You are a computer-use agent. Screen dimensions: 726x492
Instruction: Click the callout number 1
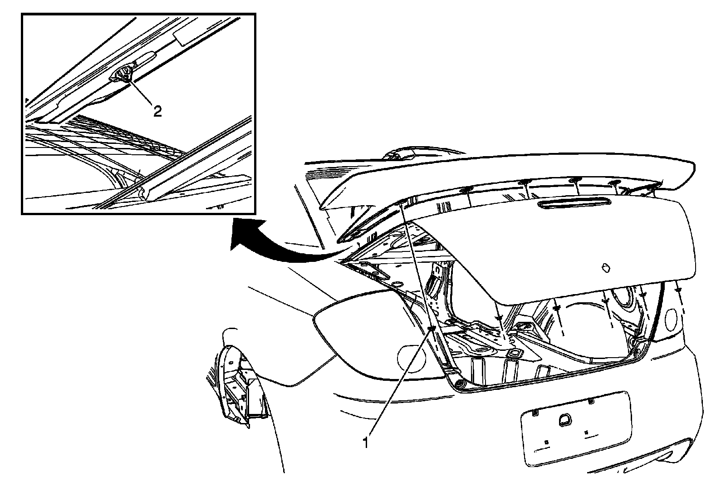(x=366, y=443)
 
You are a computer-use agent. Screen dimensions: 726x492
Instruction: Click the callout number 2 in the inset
(x=157, y=112)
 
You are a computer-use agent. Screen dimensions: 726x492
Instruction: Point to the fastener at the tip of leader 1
(x=432, y=329)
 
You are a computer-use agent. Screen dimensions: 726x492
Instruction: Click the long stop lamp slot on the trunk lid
(x=574, y=203)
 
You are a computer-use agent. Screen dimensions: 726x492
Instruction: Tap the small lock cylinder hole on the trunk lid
(x=606, y=268)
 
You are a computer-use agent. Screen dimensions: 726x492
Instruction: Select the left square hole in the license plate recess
(x=546, y=442)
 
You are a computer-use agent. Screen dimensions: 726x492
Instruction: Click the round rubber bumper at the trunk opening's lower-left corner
(x=459, y=384)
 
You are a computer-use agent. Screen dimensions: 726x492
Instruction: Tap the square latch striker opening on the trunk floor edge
(x=514, y=353)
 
